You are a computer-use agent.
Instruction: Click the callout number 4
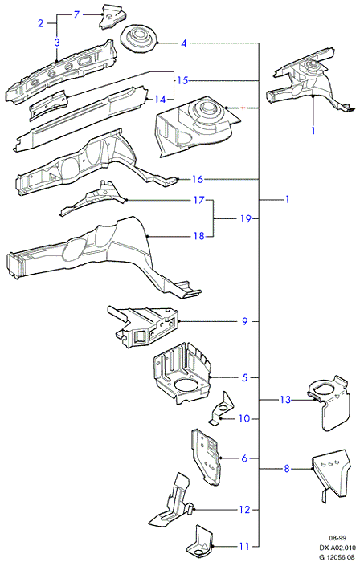point(183,43)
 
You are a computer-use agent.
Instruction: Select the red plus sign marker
point(243,108)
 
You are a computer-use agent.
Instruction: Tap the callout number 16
point(198,179)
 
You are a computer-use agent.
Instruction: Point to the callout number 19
point(245,218)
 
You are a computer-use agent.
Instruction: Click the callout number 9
point(244,321)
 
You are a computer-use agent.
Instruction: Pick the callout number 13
point(285,400)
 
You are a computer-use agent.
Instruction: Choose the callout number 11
point(243,547)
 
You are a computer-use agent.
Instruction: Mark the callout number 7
point(76,15)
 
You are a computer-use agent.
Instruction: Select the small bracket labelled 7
point(113,17)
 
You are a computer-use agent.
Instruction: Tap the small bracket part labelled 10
point(221,409)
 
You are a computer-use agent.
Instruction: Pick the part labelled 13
point(329,403)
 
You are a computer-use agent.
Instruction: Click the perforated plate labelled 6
point(207,457)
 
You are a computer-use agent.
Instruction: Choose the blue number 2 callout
point(40,23)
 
